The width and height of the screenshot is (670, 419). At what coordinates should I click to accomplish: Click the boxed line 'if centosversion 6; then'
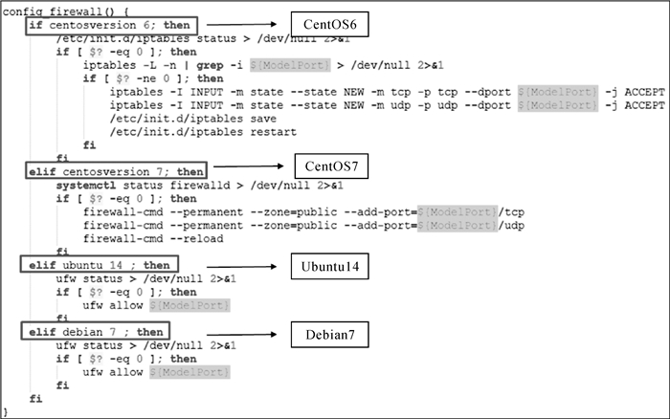(x=110, y=23)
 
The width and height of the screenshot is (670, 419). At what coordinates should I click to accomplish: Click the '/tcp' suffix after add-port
(x=510, y=209)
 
